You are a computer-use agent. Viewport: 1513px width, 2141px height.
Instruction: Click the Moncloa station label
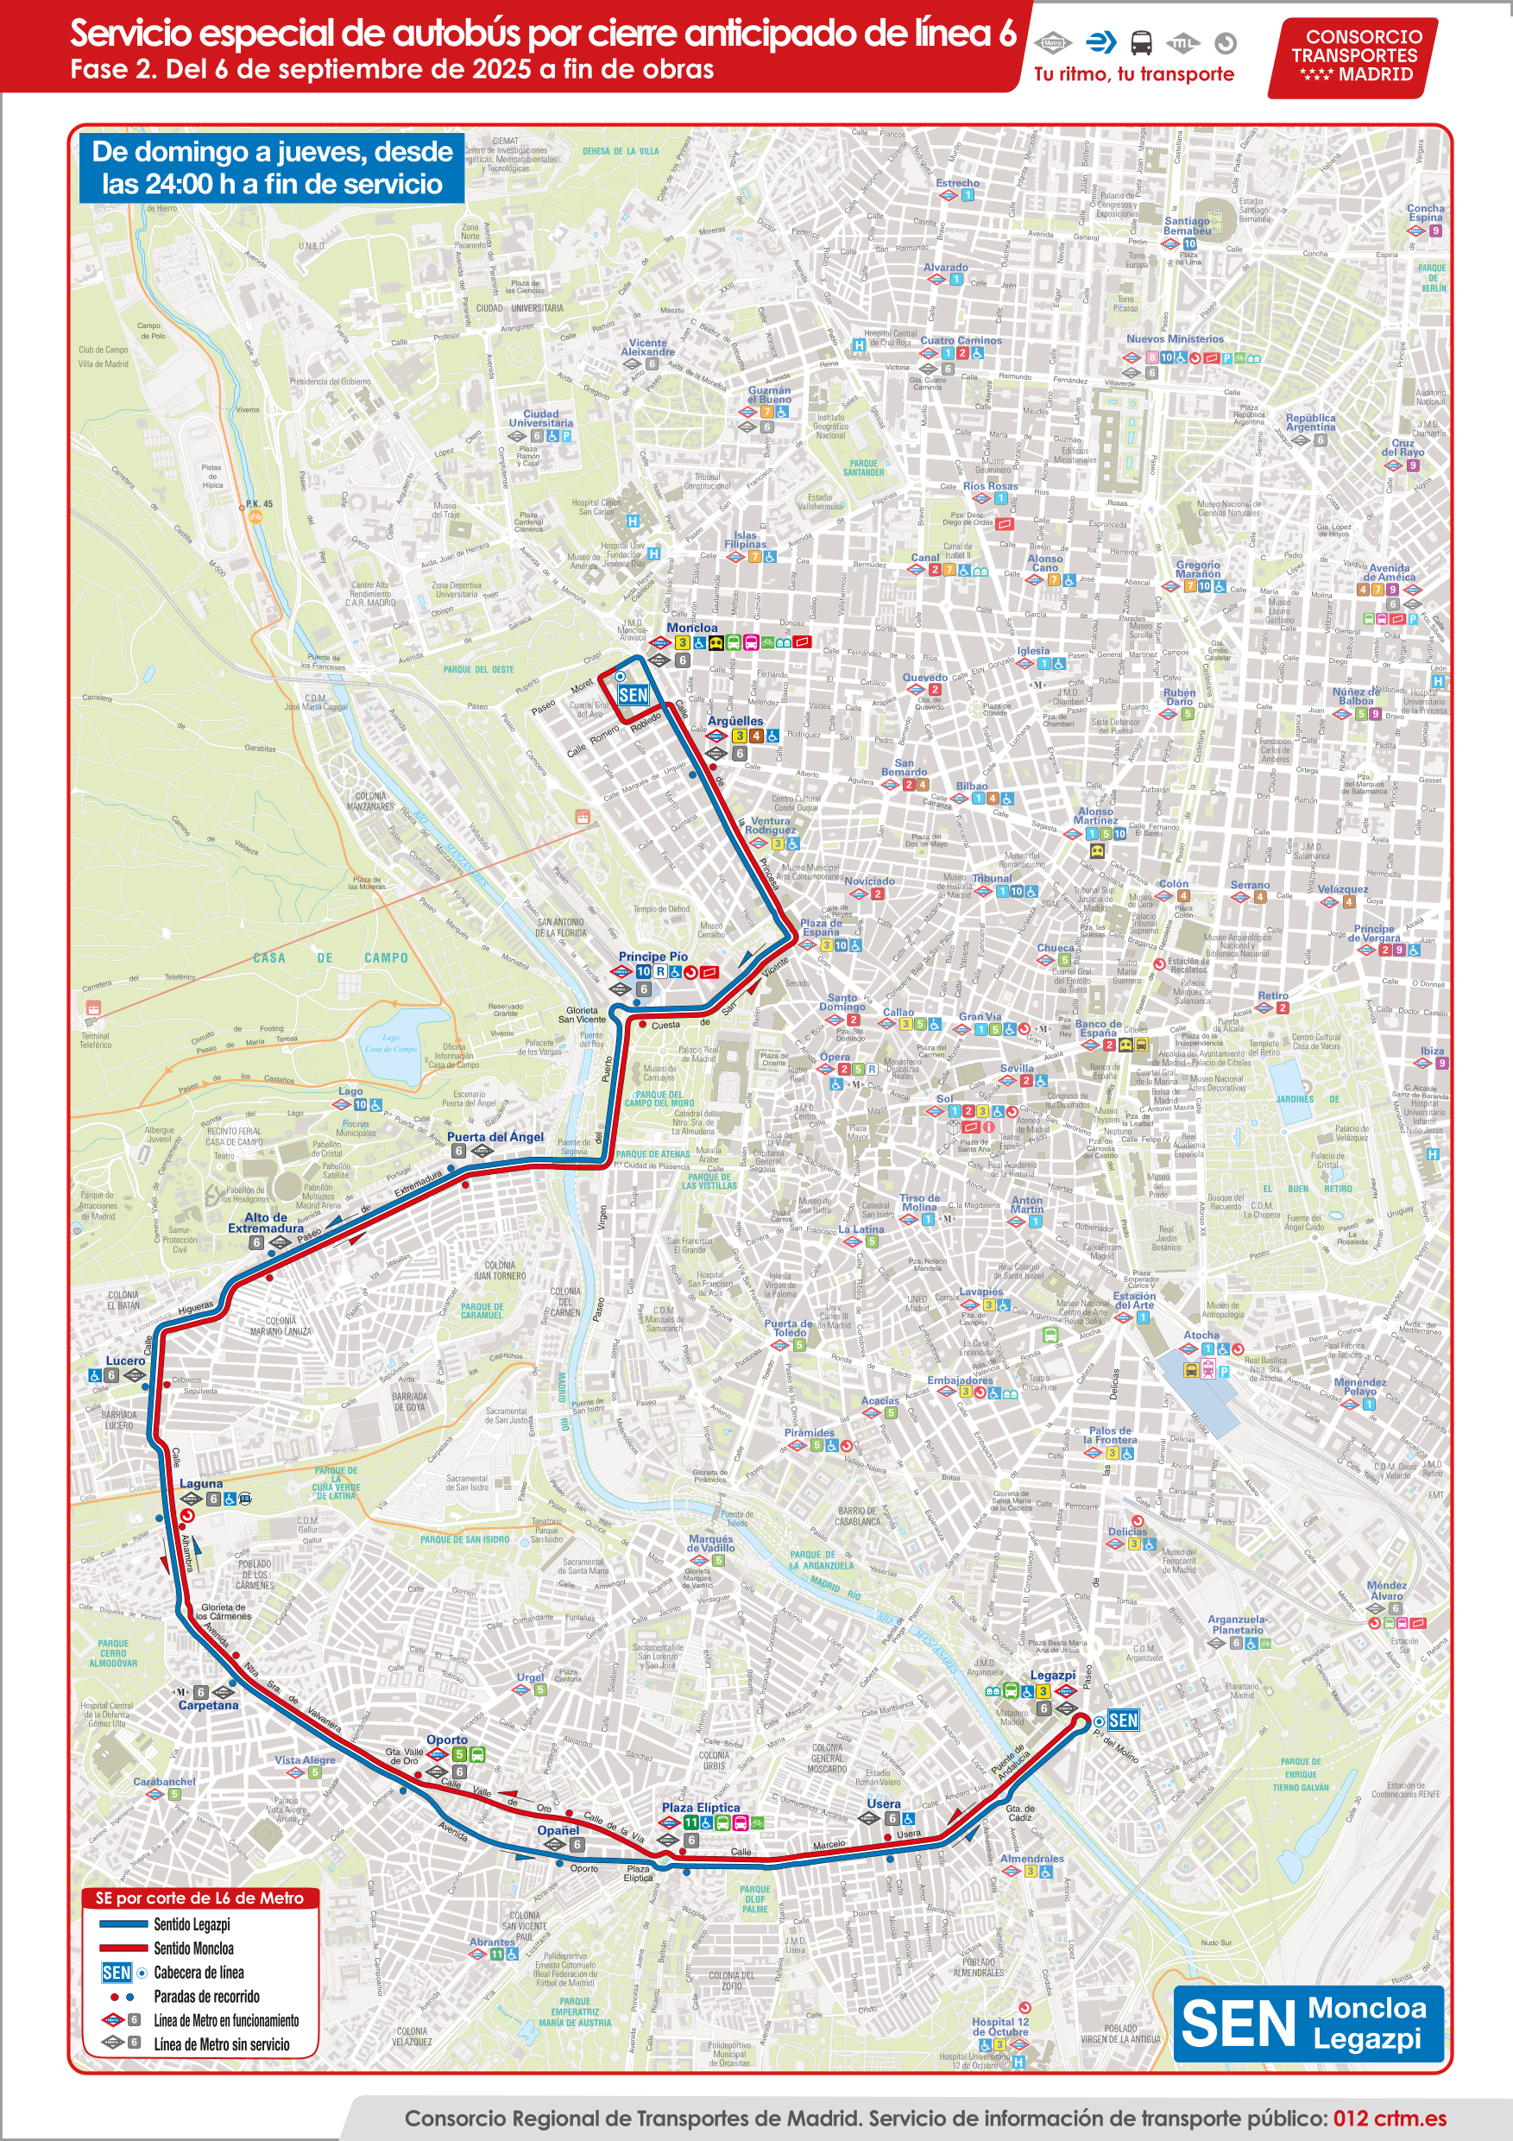click(x=691, y=628)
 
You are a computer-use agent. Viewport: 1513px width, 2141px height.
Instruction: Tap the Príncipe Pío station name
click(x=652, y=957)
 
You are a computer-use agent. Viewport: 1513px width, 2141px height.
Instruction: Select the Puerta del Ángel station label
click(x=495, y=1137)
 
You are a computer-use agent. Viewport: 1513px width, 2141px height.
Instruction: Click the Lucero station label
click(x=125, y=1361)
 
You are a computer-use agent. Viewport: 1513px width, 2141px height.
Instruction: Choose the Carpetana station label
click(x=208, y=1706)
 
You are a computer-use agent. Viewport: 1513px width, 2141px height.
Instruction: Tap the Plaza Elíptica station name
click(x=700, y=1807)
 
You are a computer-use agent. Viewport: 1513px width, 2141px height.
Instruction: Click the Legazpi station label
click(x=1052, y=1676)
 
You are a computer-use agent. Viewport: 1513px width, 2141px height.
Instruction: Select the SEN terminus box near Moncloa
click(x=633, y=695)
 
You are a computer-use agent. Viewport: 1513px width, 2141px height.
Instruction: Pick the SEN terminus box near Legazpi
click(x=1122, y=1721)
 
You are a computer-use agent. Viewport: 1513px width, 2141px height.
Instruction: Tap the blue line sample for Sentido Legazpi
click(x=123, y=1923)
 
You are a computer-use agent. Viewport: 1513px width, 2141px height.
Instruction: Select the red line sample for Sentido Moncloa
click(x=123, y=1948)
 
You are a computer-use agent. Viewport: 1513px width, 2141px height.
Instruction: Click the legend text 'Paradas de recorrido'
click(x=206, y=1997)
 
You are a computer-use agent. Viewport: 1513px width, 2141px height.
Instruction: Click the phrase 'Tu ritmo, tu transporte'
click(x=1133, y=74)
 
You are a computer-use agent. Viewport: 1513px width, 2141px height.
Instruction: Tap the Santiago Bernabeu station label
click(x=1187, y=226)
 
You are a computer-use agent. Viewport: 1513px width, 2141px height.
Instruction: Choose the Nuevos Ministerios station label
click(x=1175, y=339)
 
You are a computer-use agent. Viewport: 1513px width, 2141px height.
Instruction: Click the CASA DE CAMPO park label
click(x=330, y=957)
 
